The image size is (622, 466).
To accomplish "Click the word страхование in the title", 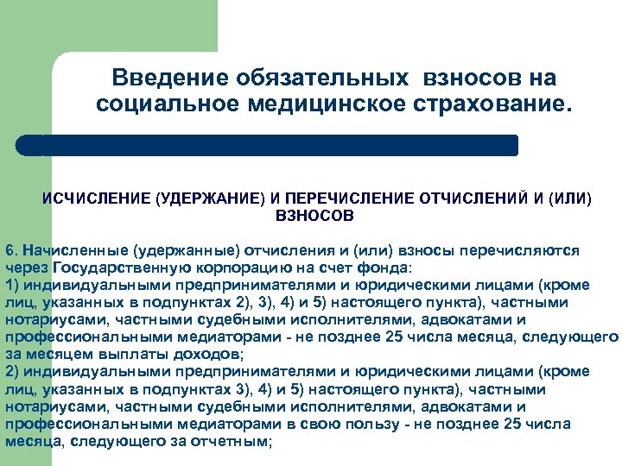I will click(x=490, y=105).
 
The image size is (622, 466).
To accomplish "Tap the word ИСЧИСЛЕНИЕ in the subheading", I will click(x=96, y=198).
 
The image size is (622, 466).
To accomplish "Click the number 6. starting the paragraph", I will click(x=11, y=250).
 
